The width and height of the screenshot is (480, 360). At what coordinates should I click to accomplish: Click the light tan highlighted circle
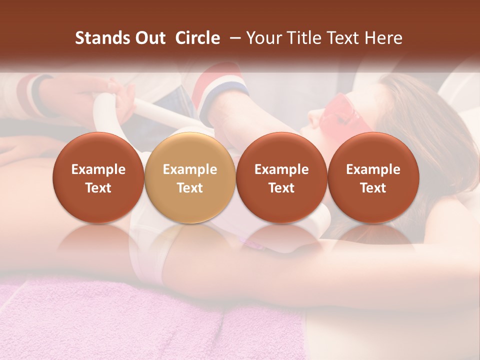(190, 178)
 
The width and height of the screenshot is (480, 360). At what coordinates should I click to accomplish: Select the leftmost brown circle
(98, 178)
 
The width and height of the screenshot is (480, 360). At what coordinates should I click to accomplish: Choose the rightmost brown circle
(373, 178)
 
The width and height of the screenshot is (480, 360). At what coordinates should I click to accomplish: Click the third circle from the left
(281, 178)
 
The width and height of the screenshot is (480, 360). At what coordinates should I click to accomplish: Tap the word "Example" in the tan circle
(190, 169)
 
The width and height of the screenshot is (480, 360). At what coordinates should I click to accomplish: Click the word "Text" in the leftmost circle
(98, 188)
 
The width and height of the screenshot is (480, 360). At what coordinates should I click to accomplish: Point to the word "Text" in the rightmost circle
(373, 188)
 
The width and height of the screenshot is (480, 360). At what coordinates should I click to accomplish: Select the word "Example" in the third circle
(281, 169)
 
